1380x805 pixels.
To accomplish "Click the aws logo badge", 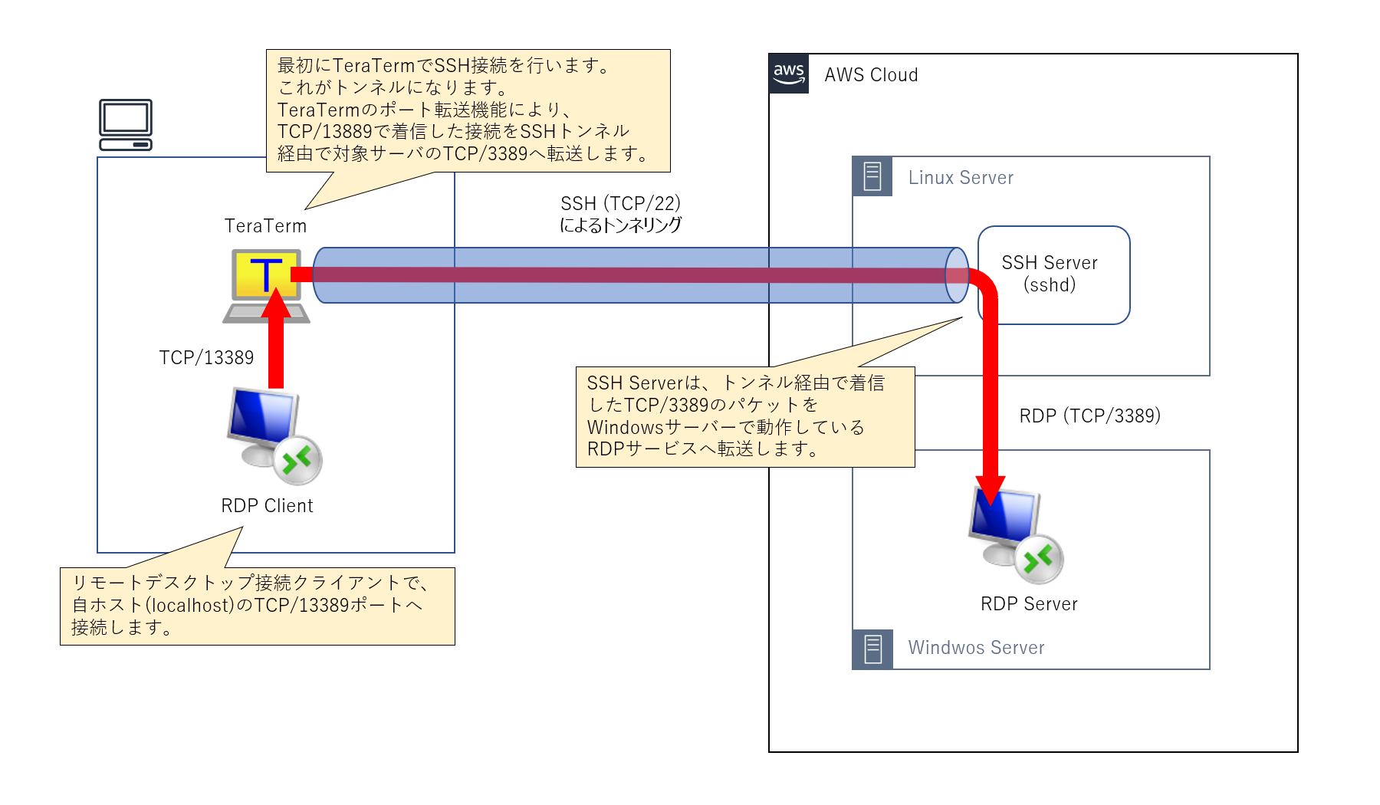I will tap(789, 74).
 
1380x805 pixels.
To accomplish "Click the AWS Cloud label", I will tap(871, 75).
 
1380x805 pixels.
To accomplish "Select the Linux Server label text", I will tap(961, 178).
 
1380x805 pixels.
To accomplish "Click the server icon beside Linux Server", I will tap(872, 176).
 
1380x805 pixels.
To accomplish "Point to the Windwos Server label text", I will tap(976, 648).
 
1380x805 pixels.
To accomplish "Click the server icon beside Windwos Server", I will tap(872, 649).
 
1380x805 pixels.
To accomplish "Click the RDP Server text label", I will tap(1029, 604).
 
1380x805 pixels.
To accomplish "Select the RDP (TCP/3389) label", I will tap(1089, 416).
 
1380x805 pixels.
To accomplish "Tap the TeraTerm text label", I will tap(265, 226).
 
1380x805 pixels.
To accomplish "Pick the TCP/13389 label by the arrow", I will tap(206, 358).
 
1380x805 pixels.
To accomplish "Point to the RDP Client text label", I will tap(267, 506).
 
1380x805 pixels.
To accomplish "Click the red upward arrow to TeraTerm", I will tap(276, 345).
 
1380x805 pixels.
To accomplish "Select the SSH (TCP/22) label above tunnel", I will tap(620, 204).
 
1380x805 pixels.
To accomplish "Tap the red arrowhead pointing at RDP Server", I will tap(991, 491).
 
